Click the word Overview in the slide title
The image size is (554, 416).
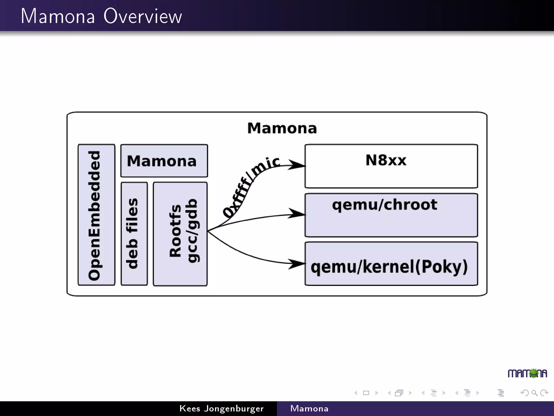tap(143, 16)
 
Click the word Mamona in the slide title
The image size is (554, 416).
tap(58, 16)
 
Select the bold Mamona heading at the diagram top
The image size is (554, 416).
tap(282, 128)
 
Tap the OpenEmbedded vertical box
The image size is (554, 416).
tap(96, 215)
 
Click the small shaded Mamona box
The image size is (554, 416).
tap(164, 161)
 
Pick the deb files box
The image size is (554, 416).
tap(134, 233)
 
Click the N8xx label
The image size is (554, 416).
tap(386, 160)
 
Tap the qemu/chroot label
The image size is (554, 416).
tap(384, 204)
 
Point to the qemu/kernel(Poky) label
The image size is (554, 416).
tap(389, 266)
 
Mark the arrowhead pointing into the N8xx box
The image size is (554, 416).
tap(297, 165)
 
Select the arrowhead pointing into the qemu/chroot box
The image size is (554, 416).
tap(297, 213)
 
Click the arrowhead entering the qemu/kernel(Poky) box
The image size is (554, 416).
tap(297, 264)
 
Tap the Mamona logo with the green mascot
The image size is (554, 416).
tap(527, 373)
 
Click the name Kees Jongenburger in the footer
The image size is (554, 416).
tap(221, 408)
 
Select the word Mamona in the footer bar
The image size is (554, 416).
tap(309, 408)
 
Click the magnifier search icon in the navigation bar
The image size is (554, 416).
tap(534, 393)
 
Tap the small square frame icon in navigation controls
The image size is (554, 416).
tap(366, 393)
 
